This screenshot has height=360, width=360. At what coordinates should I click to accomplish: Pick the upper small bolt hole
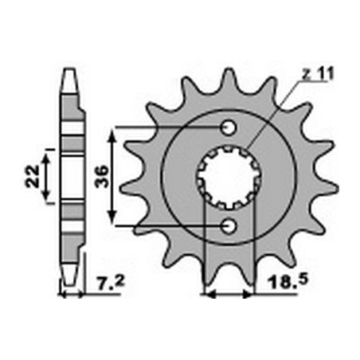(x=229, y=127)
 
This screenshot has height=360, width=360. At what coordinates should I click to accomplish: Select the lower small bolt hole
(x=229, y=226)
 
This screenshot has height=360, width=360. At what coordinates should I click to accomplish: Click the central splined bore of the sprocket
(x=229, y=177)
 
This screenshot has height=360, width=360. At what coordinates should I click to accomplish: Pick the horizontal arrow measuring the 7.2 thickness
(x=71, y=295)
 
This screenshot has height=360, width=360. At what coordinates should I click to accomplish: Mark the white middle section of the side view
(x=71, y=177)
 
